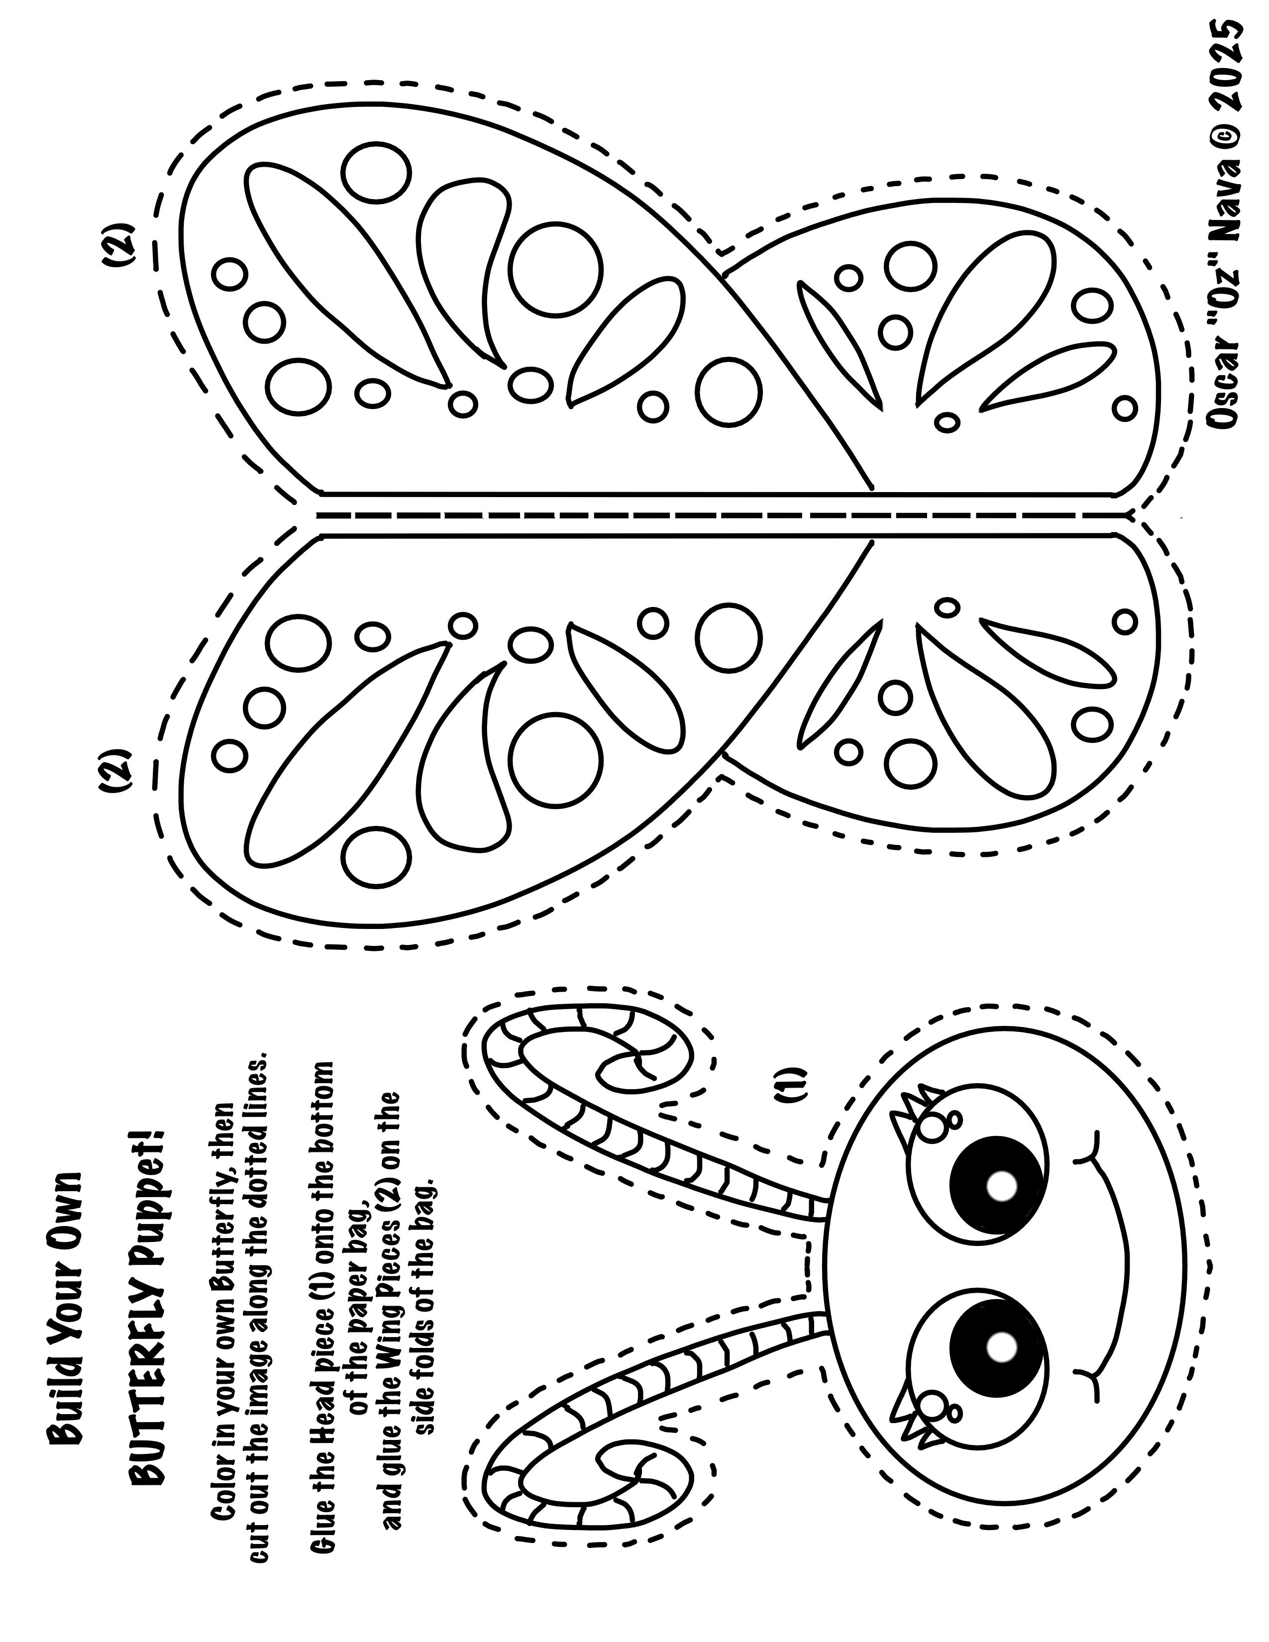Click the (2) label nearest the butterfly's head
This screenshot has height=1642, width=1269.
coord(115,772)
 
